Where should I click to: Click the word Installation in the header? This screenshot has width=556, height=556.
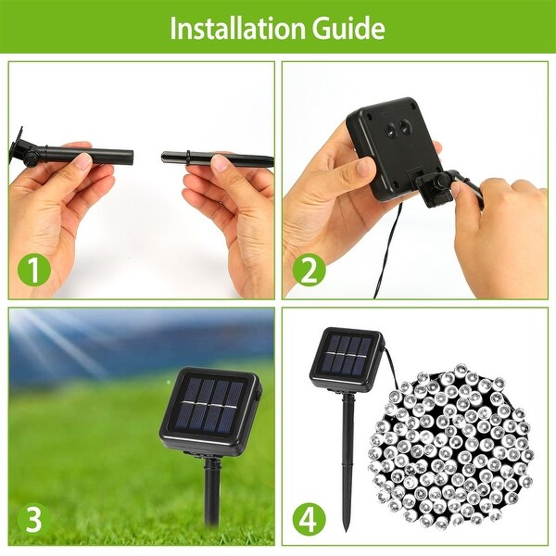tap(228, 28)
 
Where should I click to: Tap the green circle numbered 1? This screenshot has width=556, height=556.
tap(34, 272)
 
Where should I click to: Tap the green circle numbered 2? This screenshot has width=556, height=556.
tap(309, 272)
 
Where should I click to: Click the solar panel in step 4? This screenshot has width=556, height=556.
tap(346, 357)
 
